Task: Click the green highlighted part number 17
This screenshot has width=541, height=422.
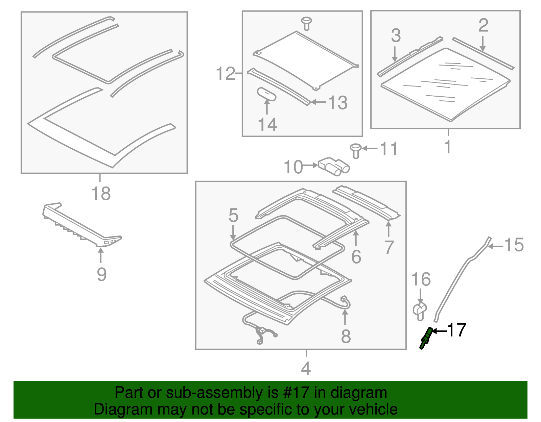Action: [x=426, y=338]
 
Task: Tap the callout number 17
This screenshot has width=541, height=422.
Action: [x=457, y=330]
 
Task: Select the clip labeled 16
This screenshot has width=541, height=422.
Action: [x=420, y=310]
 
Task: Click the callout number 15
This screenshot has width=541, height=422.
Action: [x=514, y=245]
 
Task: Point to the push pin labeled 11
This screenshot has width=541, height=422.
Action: [x=355, y=150]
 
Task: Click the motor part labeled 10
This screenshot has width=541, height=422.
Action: [x=333, y=166]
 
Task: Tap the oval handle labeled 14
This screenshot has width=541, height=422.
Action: [x=267, y=94]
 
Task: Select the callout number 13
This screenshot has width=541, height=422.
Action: [x=338, y=103]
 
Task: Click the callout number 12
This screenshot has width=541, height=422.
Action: [x=226, y=74]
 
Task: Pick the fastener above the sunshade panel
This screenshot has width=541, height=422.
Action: [x=306, y=23]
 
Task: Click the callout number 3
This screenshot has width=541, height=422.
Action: [x=396, y=35]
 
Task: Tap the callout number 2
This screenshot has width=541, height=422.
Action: [x=483, y=26]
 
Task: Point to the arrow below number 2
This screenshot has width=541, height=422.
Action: [x=483, y=44]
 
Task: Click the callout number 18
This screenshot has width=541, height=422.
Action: [x=101, y=194]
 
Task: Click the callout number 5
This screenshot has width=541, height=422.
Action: [x=233, y=215]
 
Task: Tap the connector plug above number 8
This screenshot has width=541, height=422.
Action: [x=344, y=299]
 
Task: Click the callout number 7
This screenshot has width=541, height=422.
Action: [x=389, y=247]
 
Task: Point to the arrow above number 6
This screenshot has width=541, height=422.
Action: [x=356, y=238]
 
